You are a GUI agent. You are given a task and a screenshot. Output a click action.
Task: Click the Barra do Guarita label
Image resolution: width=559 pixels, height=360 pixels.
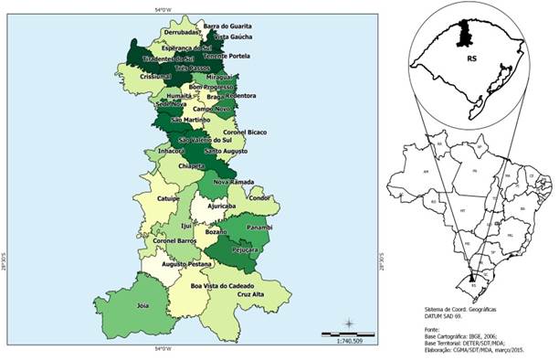[x=227, y=26]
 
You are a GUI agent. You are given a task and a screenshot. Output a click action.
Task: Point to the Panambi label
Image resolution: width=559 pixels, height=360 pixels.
[x=259, y=228]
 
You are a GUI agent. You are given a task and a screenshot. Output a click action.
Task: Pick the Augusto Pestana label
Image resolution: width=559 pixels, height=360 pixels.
[x=186, y=263]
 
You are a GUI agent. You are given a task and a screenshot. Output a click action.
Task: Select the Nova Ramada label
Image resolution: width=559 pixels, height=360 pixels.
[x=233, y=182]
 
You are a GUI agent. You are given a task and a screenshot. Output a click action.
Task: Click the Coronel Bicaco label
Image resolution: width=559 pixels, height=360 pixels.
[x=244, y=132]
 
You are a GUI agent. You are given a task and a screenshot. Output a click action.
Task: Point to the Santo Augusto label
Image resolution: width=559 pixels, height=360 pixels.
[x=224, y=150]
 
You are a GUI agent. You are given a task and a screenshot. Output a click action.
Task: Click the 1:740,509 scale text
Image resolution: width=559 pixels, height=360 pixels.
[x=351, y=339]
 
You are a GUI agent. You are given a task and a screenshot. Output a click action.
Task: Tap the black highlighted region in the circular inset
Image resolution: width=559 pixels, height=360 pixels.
[x=463, y=34]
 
